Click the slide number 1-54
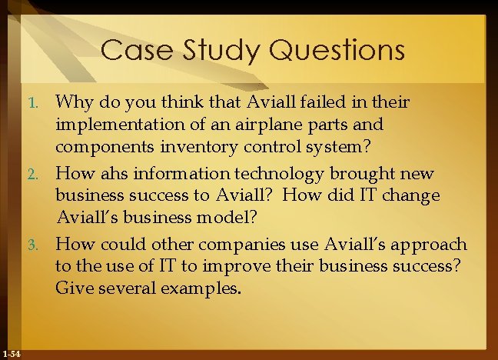click(11, 353)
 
